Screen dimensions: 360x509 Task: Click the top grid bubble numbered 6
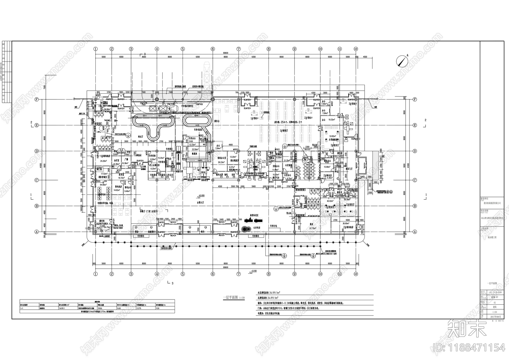(213, 49)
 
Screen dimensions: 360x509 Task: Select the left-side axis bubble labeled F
(37, 99)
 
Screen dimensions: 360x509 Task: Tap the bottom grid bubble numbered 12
(355, 274)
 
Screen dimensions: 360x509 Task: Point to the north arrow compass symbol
(402, 60)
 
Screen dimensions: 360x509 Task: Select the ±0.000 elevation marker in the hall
(201, 195)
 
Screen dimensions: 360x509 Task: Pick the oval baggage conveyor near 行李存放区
(197, 121)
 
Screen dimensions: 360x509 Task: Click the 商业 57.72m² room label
(312, 226)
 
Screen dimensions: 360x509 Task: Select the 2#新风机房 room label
(347, 227)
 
